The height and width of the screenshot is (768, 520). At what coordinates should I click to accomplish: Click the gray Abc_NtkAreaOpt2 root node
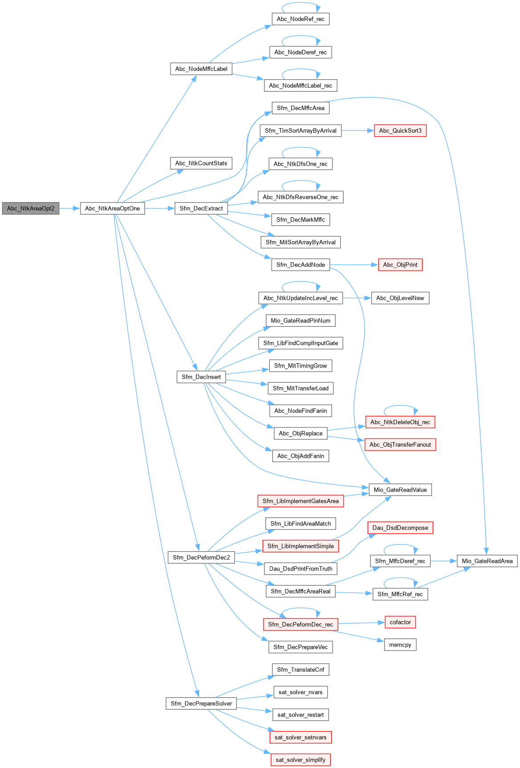pos(30,208)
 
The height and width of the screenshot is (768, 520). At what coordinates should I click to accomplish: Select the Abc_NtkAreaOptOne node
pos(112,208)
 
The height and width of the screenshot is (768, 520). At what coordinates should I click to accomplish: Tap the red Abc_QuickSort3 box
pos(400,130)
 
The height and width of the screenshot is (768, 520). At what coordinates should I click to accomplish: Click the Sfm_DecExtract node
pos(201,208)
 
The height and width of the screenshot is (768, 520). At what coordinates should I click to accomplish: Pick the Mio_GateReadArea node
pos(487,561)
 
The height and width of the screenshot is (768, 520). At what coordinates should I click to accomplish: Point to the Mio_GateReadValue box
pos(400,490)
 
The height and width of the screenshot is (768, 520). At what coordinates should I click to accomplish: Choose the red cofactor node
pos(400,622)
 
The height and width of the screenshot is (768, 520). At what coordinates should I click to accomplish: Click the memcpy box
pos(400,645)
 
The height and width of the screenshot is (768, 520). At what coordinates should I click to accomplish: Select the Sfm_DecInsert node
pos(201,377)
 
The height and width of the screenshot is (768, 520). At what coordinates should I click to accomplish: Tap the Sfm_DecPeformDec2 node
pos(201,557)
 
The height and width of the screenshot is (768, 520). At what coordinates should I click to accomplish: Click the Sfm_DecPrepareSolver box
pos(201,703)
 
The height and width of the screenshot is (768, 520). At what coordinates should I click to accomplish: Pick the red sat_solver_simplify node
pos(301,760)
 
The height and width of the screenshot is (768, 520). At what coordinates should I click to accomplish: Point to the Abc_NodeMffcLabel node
pos(201,69)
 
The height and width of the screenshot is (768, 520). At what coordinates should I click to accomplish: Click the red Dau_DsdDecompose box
pos(400,528)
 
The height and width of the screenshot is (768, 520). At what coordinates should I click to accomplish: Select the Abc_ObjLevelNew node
pos(400,298)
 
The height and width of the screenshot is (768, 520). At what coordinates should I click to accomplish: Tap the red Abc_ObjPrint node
pos(400,264)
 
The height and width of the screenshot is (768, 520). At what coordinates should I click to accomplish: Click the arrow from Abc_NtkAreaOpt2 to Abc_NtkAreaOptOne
pos(69,208)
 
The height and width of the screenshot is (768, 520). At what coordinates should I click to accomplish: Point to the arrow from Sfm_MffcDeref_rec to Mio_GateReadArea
pos(443,561)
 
